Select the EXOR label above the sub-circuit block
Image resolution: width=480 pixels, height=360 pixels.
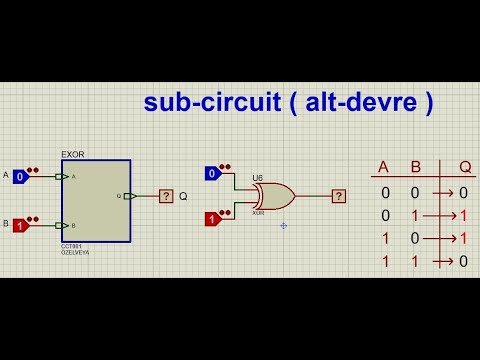tap(73, 155)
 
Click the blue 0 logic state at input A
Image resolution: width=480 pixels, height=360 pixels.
tap(19, 177)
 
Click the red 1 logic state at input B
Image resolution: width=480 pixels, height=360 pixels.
tap(19, 226)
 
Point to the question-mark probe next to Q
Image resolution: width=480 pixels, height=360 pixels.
tap(166, 196)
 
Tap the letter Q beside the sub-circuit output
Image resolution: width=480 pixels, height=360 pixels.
tap(183, 196)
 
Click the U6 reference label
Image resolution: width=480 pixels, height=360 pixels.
tap(257, 178)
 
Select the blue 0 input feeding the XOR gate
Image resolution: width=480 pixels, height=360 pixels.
tap(212, 174)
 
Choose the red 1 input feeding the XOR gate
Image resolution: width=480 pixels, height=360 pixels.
tap(212, 219)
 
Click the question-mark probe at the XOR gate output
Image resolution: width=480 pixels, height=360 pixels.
tap(341, 196)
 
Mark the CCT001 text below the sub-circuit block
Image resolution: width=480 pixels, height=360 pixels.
tap(71, 247)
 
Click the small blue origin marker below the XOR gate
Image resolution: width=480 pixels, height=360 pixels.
tap(284, 225)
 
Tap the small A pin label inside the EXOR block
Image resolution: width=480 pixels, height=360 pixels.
tap(74, 177)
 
